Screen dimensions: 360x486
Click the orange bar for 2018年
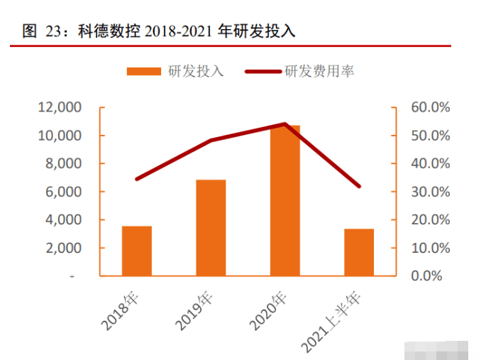(x=136, y=251)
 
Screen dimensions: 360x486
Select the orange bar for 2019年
(x=211, y=227)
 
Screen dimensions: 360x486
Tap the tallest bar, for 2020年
(x=285, y=201)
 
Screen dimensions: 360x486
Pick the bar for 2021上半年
(x=359, y=252)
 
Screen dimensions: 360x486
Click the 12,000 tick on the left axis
(x=60, y=107)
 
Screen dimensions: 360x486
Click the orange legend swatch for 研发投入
(x=144, y=71)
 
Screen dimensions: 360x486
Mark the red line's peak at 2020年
(x=285, y=124)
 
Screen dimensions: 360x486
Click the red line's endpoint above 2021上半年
(x=359, y=186)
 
